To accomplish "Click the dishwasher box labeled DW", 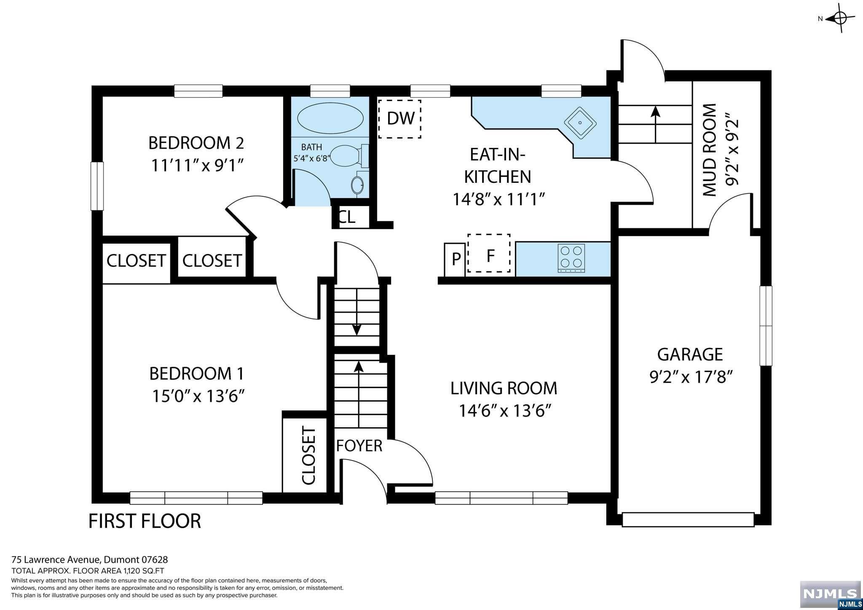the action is [x=400, y=119].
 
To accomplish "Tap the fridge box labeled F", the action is [x=489, y=253].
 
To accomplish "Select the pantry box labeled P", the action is [x=455, y=260].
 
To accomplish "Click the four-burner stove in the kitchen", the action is [x=571, y=258].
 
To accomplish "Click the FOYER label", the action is [x=359, y=446].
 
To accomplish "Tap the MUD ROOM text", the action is [x=710, y=150].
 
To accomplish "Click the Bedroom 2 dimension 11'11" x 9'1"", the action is [x=198, y=165].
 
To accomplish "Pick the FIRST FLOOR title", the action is [x=145, y=521].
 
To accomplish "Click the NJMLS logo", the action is [x=831, y=596].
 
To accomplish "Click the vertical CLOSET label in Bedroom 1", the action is [x=308, y=456].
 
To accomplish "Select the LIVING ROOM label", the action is [x=504, y=388].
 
